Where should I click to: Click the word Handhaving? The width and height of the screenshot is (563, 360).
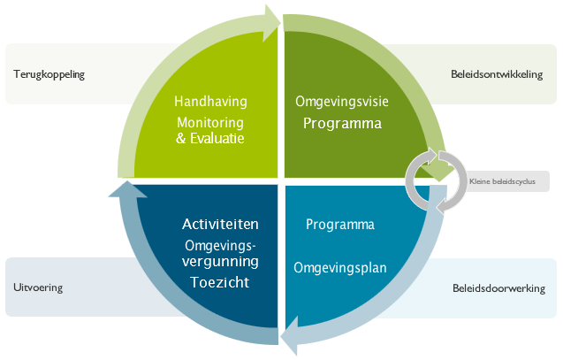tap(210, 102)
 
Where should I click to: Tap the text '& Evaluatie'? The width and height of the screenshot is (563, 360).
tap(210, 138)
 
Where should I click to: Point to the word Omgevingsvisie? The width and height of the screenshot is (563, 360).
tap(341, 102)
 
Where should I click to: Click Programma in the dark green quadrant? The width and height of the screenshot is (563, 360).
tap(342, 123)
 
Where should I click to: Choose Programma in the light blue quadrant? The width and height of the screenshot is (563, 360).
tap(340, 225)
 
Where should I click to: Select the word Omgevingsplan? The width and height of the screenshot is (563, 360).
tap(341, 266)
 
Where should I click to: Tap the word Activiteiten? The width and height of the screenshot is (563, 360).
tap(221, 224)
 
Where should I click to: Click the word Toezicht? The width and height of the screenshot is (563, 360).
tap(221, 283)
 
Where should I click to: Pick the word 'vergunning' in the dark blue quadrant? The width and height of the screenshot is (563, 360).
tap(221, 262)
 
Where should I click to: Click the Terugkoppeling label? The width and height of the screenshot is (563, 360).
tap(49, 74)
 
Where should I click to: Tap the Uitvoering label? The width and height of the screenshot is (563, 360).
tap(39, 287)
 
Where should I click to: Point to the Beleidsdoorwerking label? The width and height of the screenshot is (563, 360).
tap(498, 288)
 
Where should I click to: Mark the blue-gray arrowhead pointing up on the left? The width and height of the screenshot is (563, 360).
tap(124, 191)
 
